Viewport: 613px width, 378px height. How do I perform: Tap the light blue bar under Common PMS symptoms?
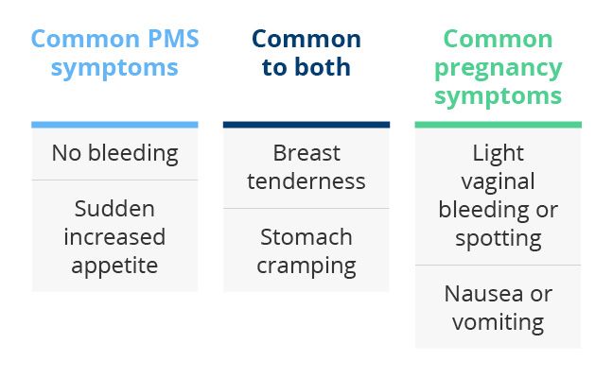pyautogui.click(x=114, y=125)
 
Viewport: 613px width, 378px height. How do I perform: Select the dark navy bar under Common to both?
pyautogui.click(x=306, y=125)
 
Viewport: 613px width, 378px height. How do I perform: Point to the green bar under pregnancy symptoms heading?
pyautogui.click(x=498, y=125)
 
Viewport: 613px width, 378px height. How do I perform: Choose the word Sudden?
pyautogui.click(x=114, y=209)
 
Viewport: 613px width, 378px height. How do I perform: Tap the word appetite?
pyautogui.click(x=114, y=266)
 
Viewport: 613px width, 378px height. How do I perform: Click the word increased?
pyautogui.click(x=114, y=237)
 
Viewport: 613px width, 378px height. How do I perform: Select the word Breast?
pyautogui.click(x=306, y=153)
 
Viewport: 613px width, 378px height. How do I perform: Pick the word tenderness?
pyautogui.click(x=306, y=181)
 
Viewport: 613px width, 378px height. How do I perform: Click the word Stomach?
pyautogui.click(x=306, y=237)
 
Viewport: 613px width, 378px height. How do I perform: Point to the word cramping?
pyautogui.click(x=306, y=266)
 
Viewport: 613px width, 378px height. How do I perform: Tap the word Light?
pyautogui.click(x=498, y=153)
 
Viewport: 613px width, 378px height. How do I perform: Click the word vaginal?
pyautogui.click(x=498, y=182)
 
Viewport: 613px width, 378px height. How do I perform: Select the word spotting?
pyautogui.click(x=498, y=239)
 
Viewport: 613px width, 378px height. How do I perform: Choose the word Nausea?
pyautogui.click(x=483, y=294)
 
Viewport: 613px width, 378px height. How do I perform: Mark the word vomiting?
pyautogui.click(x=498, y=323)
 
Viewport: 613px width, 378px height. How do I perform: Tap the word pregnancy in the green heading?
pyautogui.click(x=498, y=69)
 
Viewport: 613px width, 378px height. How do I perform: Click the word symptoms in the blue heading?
pyautogui.click(x=114, y=69)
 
